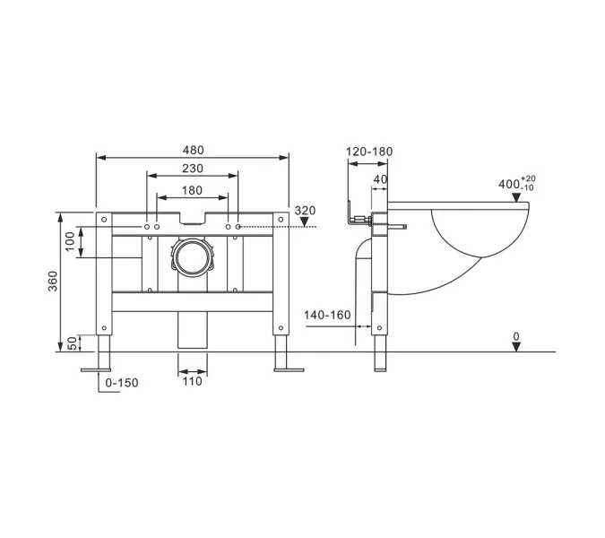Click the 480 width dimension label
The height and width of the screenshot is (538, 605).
(x=193, y=150)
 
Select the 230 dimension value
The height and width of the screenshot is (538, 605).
(x=193, y=169)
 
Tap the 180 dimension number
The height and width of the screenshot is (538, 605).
(x=192, y=190)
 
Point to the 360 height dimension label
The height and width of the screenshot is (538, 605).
(x=53, y=281)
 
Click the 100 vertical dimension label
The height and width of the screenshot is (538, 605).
(x=70, y=241)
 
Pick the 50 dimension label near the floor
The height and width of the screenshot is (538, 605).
(x=73, y=343)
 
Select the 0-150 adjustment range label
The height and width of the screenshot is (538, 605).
(x=122, y=383)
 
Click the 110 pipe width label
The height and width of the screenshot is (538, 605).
(x=192, y=381)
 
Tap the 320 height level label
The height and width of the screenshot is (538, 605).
(x=305, y=211)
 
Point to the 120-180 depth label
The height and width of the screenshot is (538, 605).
(x=369, y=152)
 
